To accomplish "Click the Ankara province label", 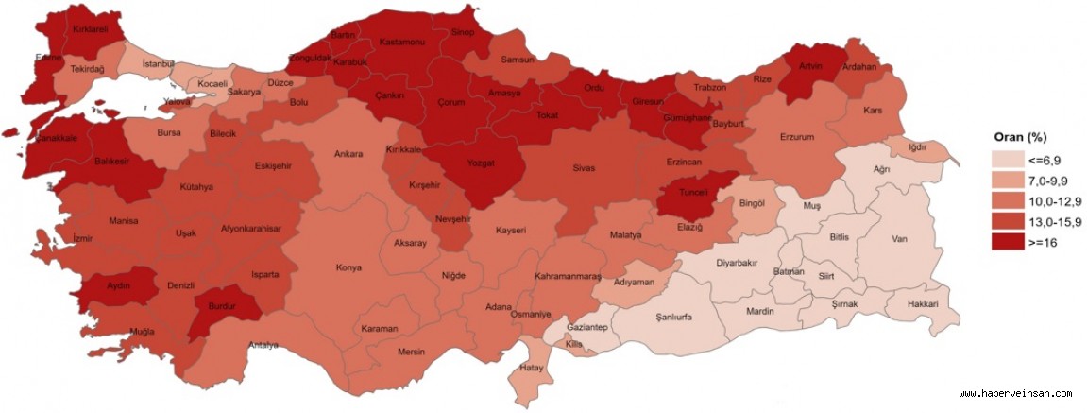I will (348, 154).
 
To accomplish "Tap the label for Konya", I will (348, 267).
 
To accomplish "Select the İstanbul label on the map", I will (158, 63).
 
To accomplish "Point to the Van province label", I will (900, 239).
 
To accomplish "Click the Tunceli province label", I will (693, 192).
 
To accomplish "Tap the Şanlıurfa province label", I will (674, 318).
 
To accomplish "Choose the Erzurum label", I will (796, 137).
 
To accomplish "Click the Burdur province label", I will (218, 307).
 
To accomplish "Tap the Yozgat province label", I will (481, 161).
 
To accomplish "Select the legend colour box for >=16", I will (1008, 241).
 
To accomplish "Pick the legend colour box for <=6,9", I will (1008, 158).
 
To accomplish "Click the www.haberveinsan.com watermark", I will (1015, 394).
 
